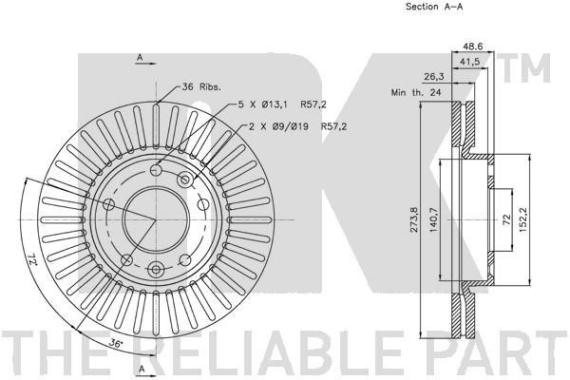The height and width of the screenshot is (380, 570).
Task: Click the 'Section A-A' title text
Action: click(434, 7)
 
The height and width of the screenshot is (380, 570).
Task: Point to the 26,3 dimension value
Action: click(434, 76)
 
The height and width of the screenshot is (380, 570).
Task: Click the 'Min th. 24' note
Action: click(416, 92)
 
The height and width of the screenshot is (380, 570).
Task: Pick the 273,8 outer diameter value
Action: click(413, 219)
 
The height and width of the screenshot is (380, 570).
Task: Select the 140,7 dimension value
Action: click(434, 219)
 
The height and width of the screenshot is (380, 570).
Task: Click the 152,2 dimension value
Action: click(523, 219)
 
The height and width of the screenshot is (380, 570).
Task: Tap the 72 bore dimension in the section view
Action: click(506, 219)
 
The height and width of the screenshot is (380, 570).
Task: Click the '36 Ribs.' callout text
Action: click(201, 86)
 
